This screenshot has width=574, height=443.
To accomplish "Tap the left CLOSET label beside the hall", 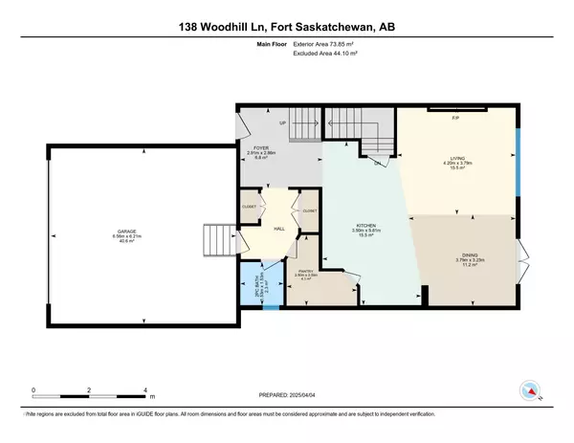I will click(x=249, y=207).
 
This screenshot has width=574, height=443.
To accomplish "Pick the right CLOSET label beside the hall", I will click(x=309, y=210).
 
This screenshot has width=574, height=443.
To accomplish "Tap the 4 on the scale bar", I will click(x=144, y=391).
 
